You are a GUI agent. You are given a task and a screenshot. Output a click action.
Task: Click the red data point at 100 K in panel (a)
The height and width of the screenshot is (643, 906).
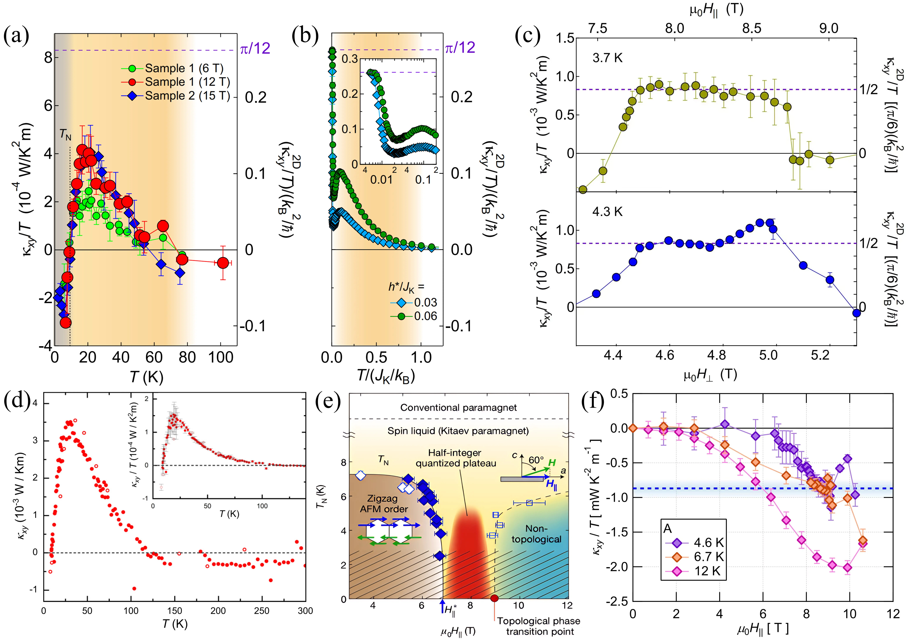[x=223, y=263]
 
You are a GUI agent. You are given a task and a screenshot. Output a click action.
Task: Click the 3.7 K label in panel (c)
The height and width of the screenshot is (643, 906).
[x=607, y=58]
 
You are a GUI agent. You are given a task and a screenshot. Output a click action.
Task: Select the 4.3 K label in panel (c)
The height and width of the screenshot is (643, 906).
[x=607, y=212]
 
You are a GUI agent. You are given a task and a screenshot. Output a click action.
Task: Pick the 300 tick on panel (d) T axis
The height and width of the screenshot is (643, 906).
[x=305, y=611]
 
